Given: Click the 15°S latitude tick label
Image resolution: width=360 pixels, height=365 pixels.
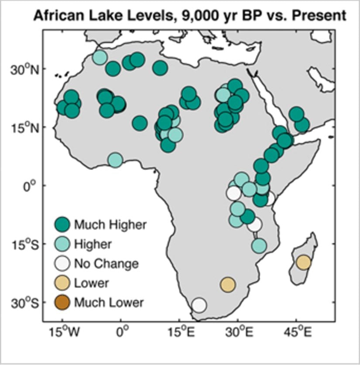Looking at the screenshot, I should pos(24,244).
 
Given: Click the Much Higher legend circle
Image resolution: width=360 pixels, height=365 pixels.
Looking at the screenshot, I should pos(63,224).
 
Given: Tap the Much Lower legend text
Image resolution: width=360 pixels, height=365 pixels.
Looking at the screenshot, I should pos(108,302).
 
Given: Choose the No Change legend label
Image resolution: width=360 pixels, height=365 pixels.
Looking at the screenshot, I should pos(106,263).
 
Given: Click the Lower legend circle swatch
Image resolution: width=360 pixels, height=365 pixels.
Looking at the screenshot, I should pos(63,283).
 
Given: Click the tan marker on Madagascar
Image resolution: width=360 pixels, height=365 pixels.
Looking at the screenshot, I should pos(303,262).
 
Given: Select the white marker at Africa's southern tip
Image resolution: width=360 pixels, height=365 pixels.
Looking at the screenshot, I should pos(199,304).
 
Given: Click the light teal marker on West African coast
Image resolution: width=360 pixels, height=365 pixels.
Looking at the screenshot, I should pos(115,160).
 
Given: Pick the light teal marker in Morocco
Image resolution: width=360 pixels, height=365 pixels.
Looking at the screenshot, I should pos(100,57).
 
